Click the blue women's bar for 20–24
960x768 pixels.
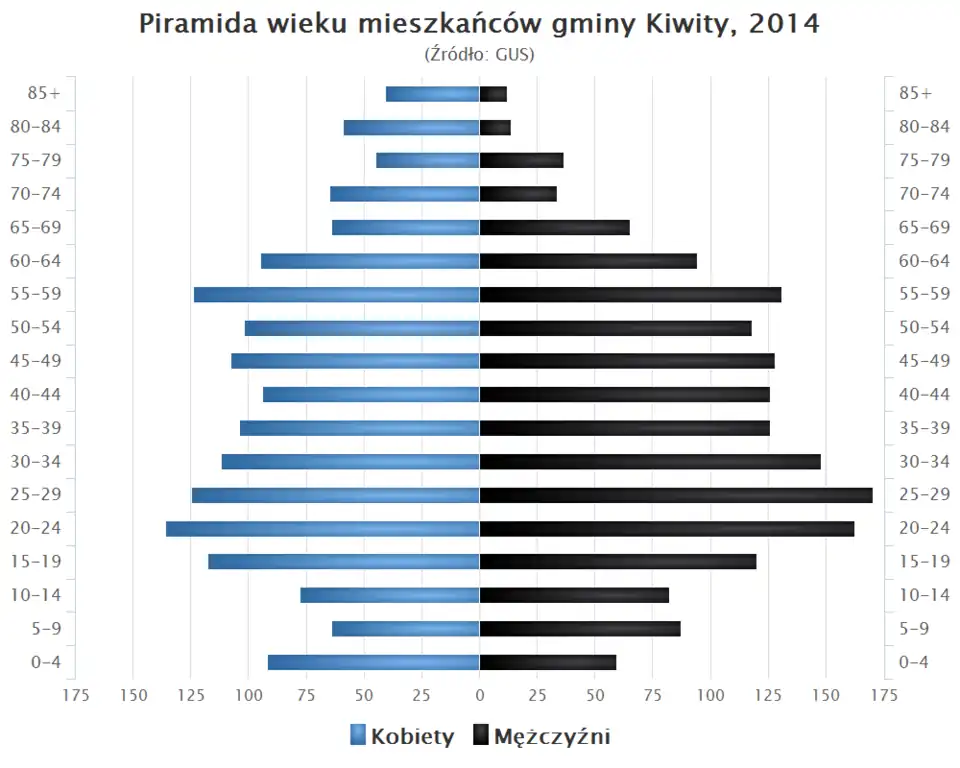click(x=322, y=529)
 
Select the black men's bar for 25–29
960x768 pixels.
click(x=676, y=495)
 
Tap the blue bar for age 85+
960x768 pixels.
click(x=432, y=94)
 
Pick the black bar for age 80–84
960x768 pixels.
click(x=495, y=127)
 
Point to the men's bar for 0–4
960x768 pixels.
click(x=548, y=662)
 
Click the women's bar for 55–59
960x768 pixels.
click(x=336, y=294)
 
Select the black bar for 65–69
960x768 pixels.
click(x=554, y=227)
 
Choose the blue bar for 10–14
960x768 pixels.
click(x=390, y=595)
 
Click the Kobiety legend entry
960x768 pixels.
click(x=403, y=737)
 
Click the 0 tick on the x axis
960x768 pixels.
click(x=479, y=694)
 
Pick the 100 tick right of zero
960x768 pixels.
click(x=711, y=694)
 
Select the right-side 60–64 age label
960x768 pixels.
click(x=924, y=261)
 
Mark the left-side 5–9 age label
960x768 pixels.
click(x=44, y=629)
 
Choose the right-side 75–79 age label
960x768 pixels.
click(x=924, y=160)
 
